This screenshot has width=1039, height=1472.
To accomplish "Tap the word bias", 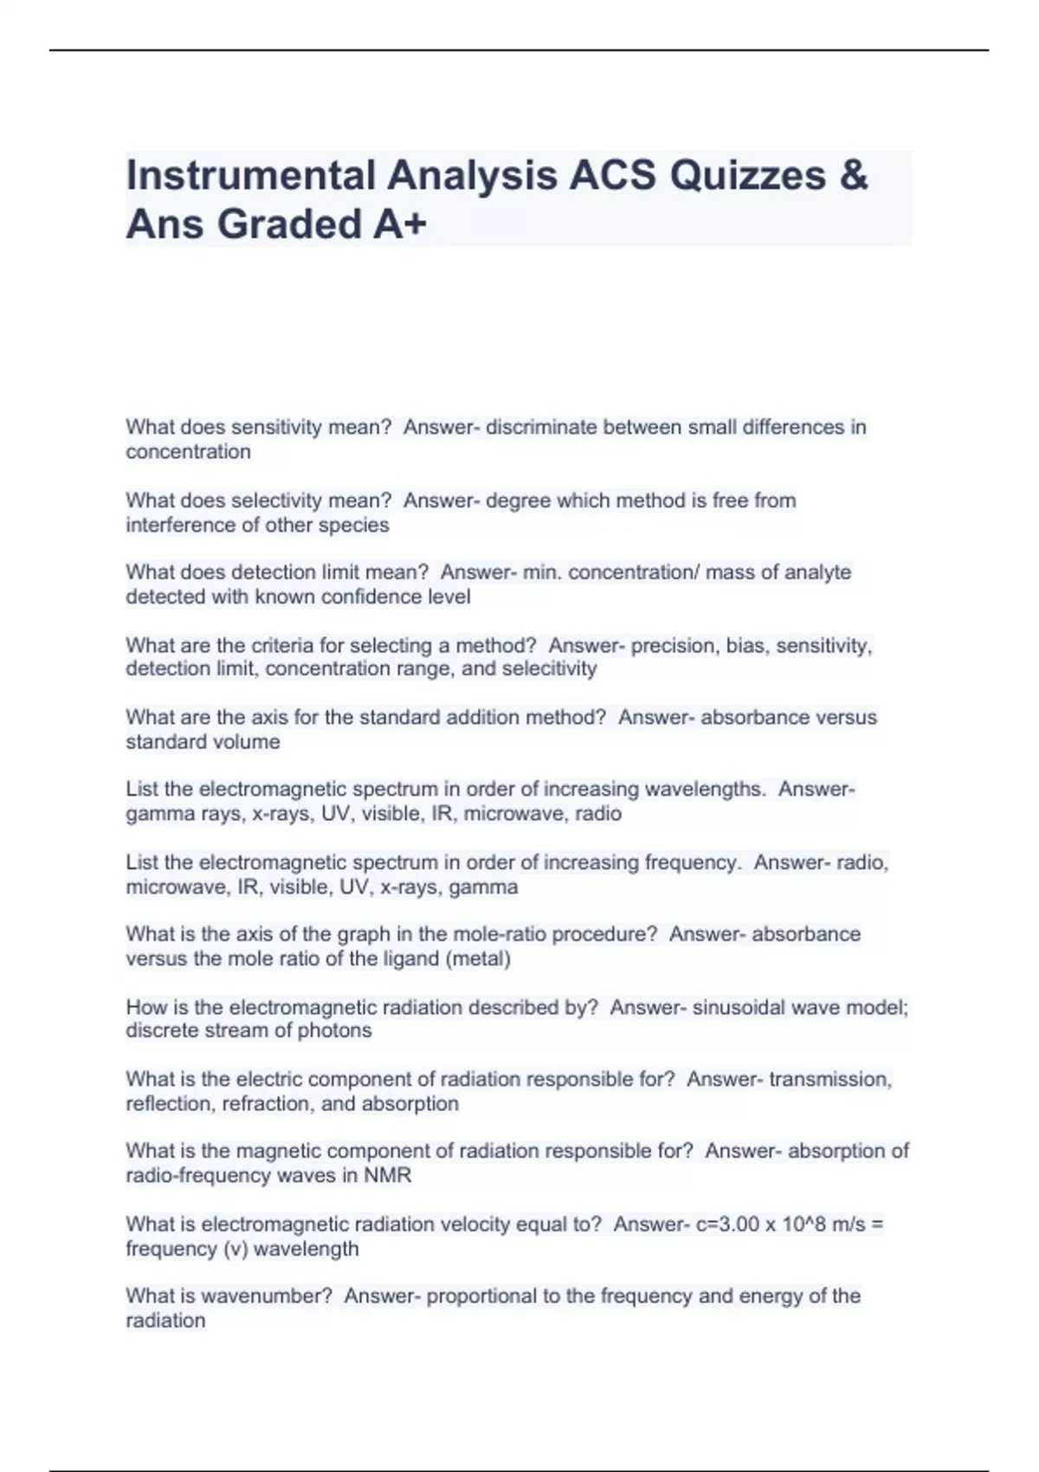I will pos(745,645).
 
